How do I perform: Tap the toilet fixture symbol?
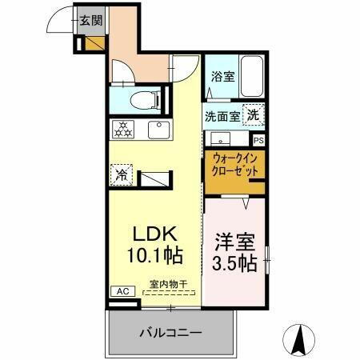coord(145,100)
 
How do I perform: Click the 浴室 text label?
coord(222,78)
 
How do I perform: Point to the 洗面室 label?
coord(222,115)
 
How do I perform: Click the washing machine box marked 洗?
coord(252,114)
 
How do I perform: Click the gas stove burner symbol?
coord(124,128)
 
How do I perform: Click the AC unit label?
coord(122,291)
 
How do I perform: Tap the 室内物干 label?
coord(169,284)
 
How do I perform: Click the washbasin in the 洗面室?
coord(219,137)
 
